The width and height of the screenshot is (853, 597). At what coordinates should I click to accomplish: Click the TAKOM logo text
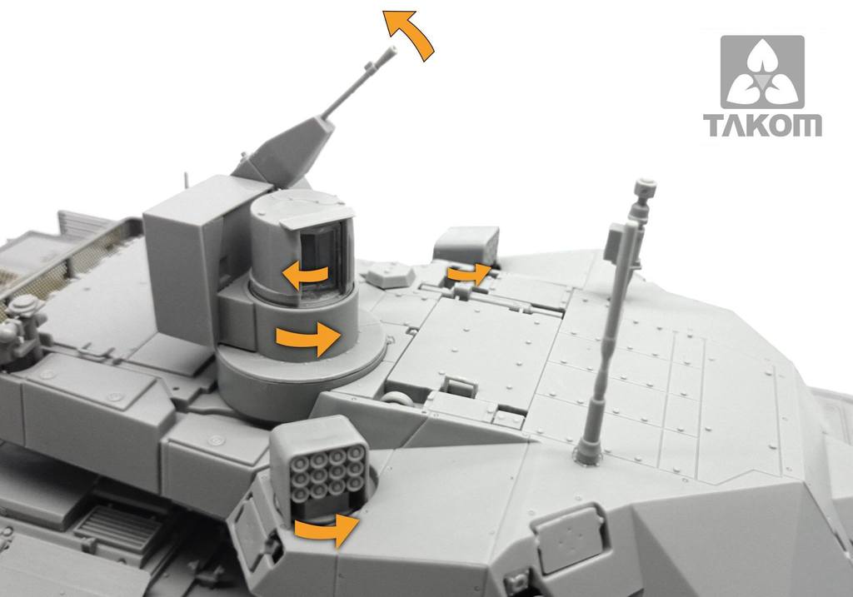click(x=762, y=126)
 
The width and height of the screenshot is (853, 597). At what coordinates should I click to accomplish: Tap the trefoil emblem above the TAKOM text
click(x=762, y=72)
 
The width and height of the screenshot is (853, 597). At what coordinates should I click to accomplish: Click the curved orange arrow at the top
click(x=411, y=33)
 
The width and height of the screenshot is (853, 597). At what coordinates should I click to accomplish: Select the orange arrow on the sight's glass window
click(x=302, y=274)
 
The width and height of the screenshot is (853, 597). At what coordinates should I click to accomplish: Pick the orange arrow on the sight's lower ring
click(x=307, y=338)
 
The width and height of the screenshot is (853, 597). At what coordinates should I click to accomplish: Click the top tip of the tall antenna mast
click(x=644, y=182)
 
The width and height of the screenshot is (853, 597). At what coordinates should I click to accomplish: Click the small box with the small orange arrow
click(x=466, y=244)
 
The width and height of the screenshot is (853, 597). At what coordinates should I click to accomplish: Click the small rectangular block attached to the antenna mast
click(x=616, y=242)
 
